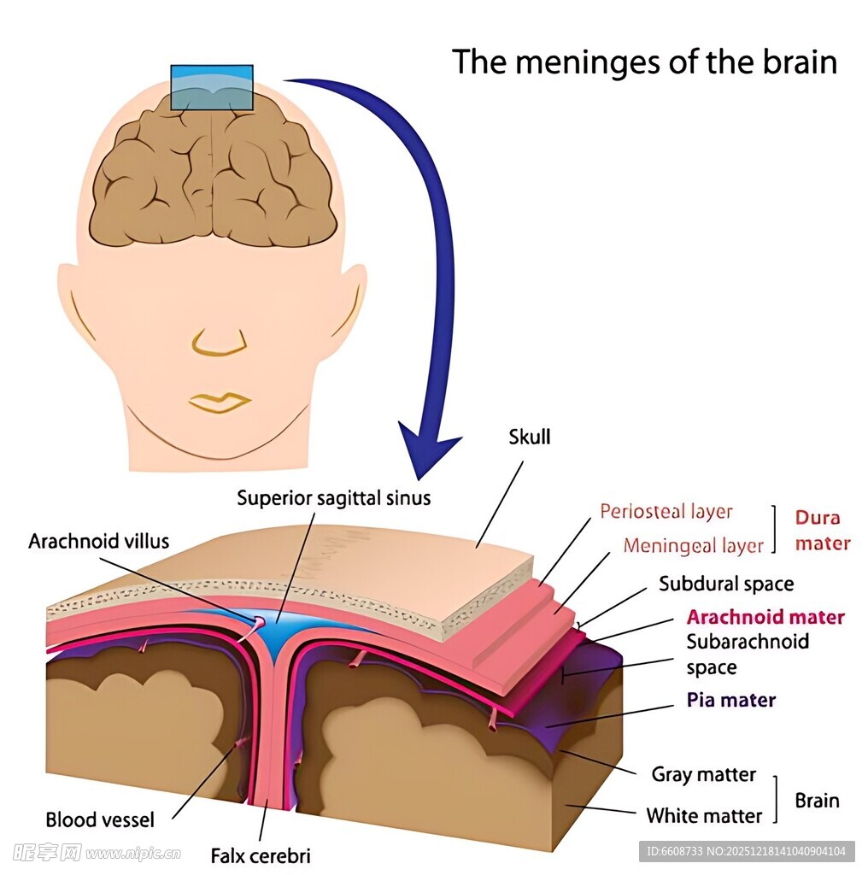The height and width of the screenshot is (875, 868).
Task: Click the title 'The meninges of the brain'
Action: tap(644, 62)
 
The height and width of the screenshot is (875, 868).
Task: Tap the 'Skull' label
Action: tap(530, 437)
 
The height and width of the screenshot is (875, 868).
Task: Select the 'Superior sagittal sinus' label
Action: tap(334, 497)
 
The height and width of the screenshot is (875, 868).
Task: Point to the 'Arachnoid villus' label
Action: tap(99, 541)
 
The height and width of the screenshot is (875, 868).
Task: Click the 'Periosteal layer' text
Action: tap(666, 512)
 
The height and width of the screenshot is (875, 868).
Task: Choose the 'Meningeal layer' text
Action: tap(693, 545)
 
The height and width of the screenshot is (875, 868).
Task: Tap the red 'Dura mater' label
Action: tap(823, 531)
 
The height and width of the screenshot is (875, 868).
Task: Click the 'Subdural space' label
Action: tap(726, 584)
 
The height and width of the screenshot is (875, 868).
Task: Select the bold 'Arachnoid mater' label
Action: tap(765, 617)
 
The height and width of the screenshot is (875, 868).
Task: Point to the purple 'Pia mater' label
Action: tap(731, 700)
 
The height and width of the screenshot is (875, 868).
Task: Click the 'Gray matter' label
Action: tap(704, 774)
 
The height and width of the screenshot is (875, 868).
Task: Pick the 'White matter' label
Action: tap(704, 816)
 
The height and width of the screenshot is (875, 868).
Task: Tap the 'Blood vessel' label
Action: tap(100, 819)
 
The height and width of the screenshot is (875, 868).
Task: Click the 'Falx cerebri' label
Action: tap(261, 855)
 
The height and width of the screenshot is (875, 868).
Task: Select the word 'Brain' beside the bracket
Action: tap(817, 801)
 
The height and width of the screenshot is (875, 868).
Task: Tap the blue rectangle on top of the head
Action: tap(212, 87)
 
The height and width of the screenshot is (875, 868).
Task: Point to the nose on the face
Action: tap(220, 343)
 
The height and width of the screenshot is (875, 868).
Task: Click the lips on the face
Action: tap(219, 402)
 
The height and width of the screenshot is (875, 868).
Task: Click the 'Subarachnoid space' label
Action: tap(748, 654)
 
